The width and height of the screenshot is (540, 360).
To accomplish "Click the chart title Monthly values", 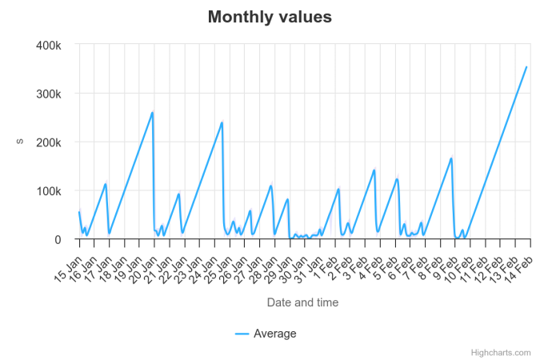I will pyautogui.click(x=270, y=17).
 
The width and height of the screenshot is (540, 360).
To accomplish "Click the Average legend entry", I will pyautogui.click(x=266, y=334).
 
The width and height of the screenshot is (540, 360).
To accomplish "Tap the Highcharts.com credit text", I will pyautogui.click(x=501, y=352).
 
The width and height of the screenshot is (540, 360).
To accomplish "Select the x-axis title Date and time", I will pyautogui.click(x=302, y=302).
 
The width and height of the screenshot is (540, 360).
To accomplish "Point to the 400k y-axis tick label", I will pyautogui.click(x=49, y=46).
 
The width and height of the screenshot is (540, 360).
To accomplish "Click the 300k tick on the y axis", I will pyautogui.click(x=49, y=94).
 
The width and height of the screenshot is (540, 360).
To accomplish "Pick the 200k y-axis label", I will pyautogui.click(x=49, y=142).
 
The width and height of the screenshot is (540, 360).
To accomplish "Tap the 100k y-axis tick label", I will pyautogui.click(x=49, y=191).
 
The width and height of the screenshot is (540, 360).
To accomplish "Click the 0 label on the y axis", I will pyautogui.click(x=58, y=240).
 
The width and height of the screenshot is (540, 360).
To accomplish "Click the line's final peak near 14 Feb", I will pyautogui.click(x=526, y=67).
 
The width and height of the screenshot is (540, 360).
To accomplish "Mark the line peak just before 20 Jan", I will pyautogui.click(x=153, y=112).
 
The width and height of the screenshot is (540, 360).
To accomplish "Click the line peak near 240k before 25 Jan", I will pyautogui.click(x=222, y=122).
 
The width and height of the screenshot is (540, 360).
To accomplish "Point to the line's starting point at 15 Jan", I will pyautogui.click(x=79, y=212).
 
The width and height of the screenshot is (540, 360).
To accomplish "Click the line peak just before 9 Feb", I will pyautogui.click(x=452, y=158).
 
